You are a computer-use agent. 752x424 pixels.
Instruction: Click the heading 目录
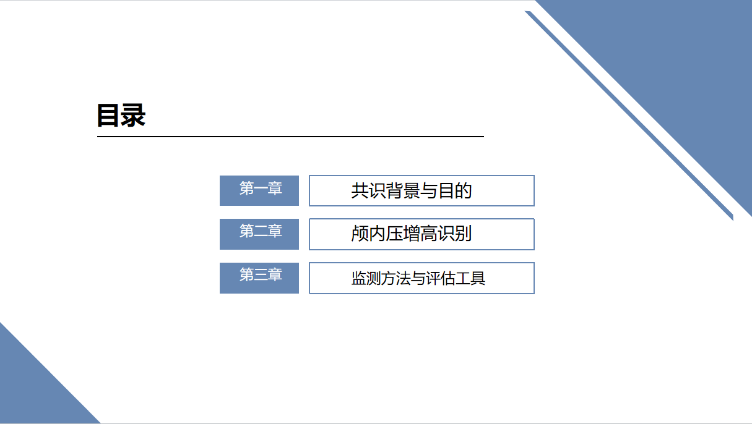121,116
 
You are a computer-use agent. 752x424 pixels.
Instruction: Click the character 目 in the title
108,116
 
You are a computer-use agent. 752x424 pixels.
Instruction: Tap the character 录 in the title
133,116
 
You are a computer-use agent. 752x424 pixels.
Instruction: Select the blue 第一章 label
259,190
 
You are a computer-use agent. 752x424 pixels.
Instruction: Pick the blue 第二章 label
259,233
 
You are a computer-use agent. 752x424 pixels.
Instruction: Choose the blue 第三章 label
259,277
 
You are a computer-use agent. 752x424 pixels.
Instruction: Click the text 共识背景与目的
412,190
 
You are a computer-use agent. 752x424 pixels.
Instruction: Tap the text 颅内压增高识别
412,234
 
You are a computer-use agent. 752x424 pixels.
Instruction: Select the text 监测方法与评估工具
418,278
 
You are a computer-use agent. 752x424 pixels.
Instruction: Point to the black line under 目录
290,136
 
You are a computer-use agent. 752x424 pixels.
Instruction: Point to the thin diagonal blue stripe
631,117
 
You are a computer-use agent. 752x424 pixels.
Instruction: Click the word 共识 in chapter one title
369,190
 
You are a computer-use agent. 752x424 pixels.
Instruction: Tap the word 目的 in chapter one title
455,190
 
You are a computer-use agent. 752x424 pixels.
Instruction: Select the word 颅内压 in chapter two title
378,234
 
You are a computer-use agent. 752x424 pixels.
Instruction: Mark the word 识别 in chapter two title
455,234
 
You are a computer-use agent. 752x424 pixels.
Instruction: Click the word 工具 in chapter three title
470,278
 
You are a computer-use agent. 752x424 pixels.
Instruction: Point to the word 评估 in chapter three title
441,278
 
